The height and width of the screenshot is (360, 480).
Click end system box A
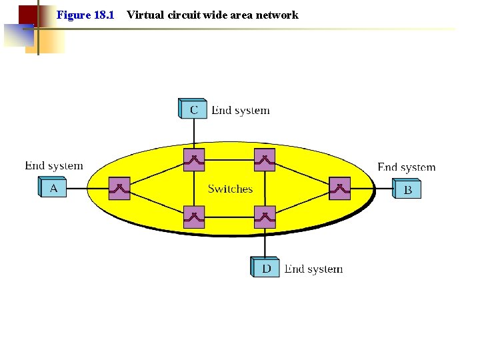click(x=53, y=189)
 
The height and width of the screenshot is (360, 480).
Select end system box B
click(x=407, y=189)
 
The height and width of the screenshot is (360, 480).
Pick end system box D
click(x=266, y=268)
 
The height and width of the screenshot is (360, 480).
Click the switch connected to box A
click(x=119, y=189)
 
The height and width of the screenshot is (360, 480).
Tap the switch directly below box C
click(x=194, y=160)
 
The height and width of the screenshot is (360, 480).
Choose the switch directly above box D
click(x=265, y=217)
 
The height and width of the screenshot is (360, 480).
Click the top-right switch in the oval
click(x=265, y=160)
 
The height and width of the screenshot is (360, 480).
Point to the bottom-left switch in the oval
click(x=194, y=217)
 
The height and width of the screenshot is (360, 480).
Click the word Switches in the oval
click(x=230, y=189)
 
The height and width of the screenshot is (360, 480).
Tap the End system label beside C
click(x=241, y=111)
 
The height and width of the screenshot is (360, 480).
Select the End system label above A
click(x=54, y=165)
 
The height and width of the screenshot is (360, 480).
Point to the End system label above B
click(x=406, y=167)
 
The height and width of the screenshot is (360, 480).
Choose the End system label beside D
click(x=313, y=269)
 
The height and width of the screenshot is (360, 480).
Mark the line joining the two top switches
click(x=229, y=160)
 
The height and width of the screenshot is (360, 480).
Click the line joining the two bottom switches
click(x=229, y=217)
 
